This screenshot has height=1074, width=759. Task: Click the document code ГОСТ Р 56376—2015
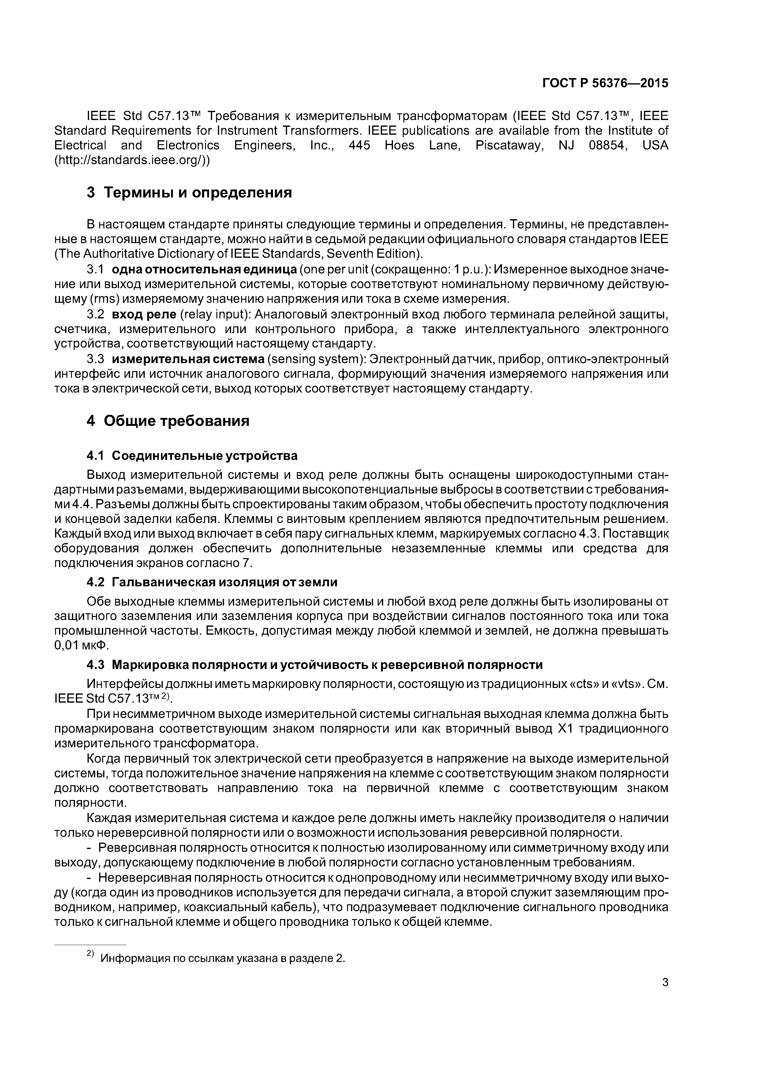[605, 83]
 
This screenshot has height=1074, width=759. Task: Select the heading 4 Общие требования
[168, 421]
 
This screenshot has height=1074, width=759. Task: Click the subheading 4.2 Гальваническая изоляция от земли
[212, 582]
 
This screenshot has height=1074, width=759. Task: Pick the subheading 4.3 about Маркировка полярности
[315, 665]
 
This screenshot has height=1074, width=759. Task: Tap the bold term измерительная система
[188, 359]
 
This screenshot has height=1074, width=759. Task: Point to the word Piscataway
[510, 145]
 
